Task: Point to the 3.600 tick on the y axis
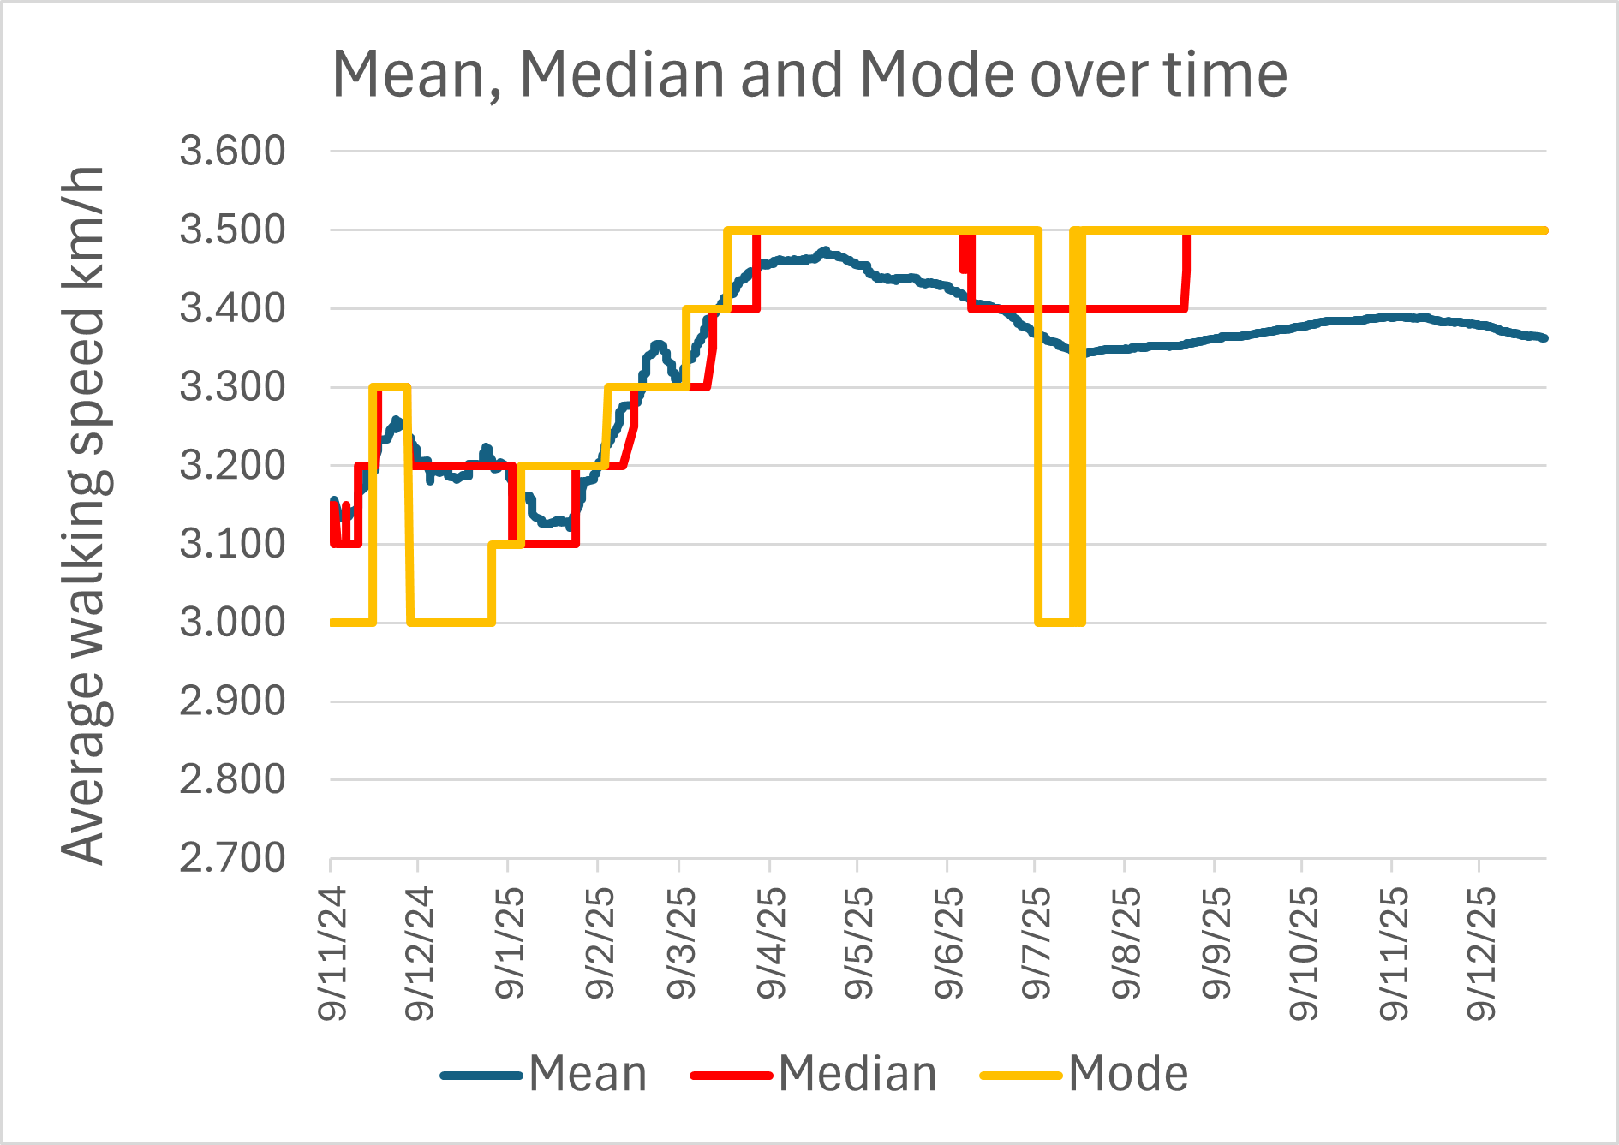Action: [x=232, y=152]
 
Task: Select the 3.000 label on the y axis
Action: [x=232, y=623]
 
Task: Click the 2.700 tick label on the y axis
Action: [x=232, y=858]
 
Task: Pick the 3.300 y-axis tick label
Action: [x=232, y=387]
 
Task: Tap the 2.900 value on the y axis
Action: [x=232, y=701]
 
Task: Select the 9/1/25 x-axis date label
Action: [x=511, y=942]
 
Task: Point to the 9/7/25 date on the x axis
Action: [x=1037, y=942]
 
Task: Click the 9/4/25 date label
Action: [x=772, y=942]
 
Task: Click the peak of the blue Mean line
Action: [x=825, y=252]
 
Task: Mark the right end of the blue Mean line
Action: [x=1544, y=338]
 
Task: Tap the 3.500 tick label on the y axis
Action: [x=232, y=230]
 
